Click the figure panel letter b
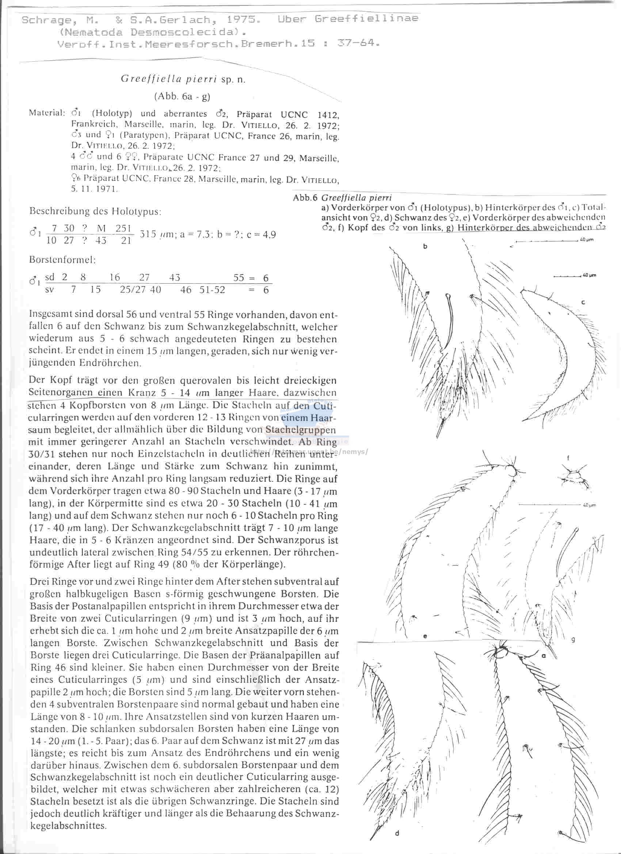coord(425,247)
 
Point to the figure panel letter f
coord(568,458)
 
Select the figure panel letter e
coord(425,636)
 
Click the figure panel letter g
coord(573,639)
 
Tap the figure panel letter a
coord(544,655)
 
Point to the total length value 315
coord(148,234)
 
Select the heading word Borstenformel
coord(62,260)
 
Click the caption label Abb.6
coord(306,198)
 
